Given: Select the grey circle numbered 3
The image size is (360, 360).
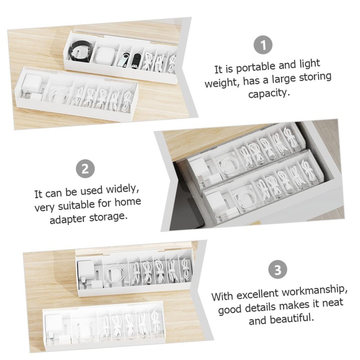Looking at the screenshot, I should click(x=278, y=270).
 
